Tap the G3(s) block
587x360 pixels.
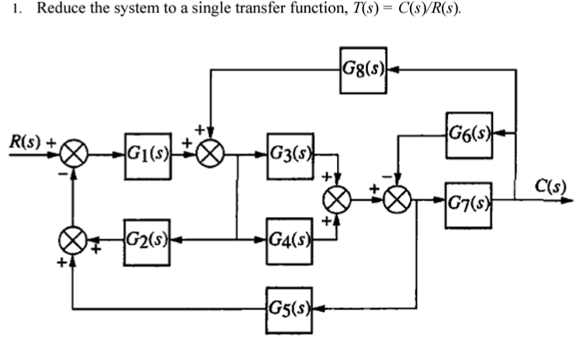tap(290, 151)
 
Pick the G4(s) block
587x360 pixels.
tap(290, 234)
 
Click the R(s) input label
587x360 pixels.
tap(26, 141)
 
